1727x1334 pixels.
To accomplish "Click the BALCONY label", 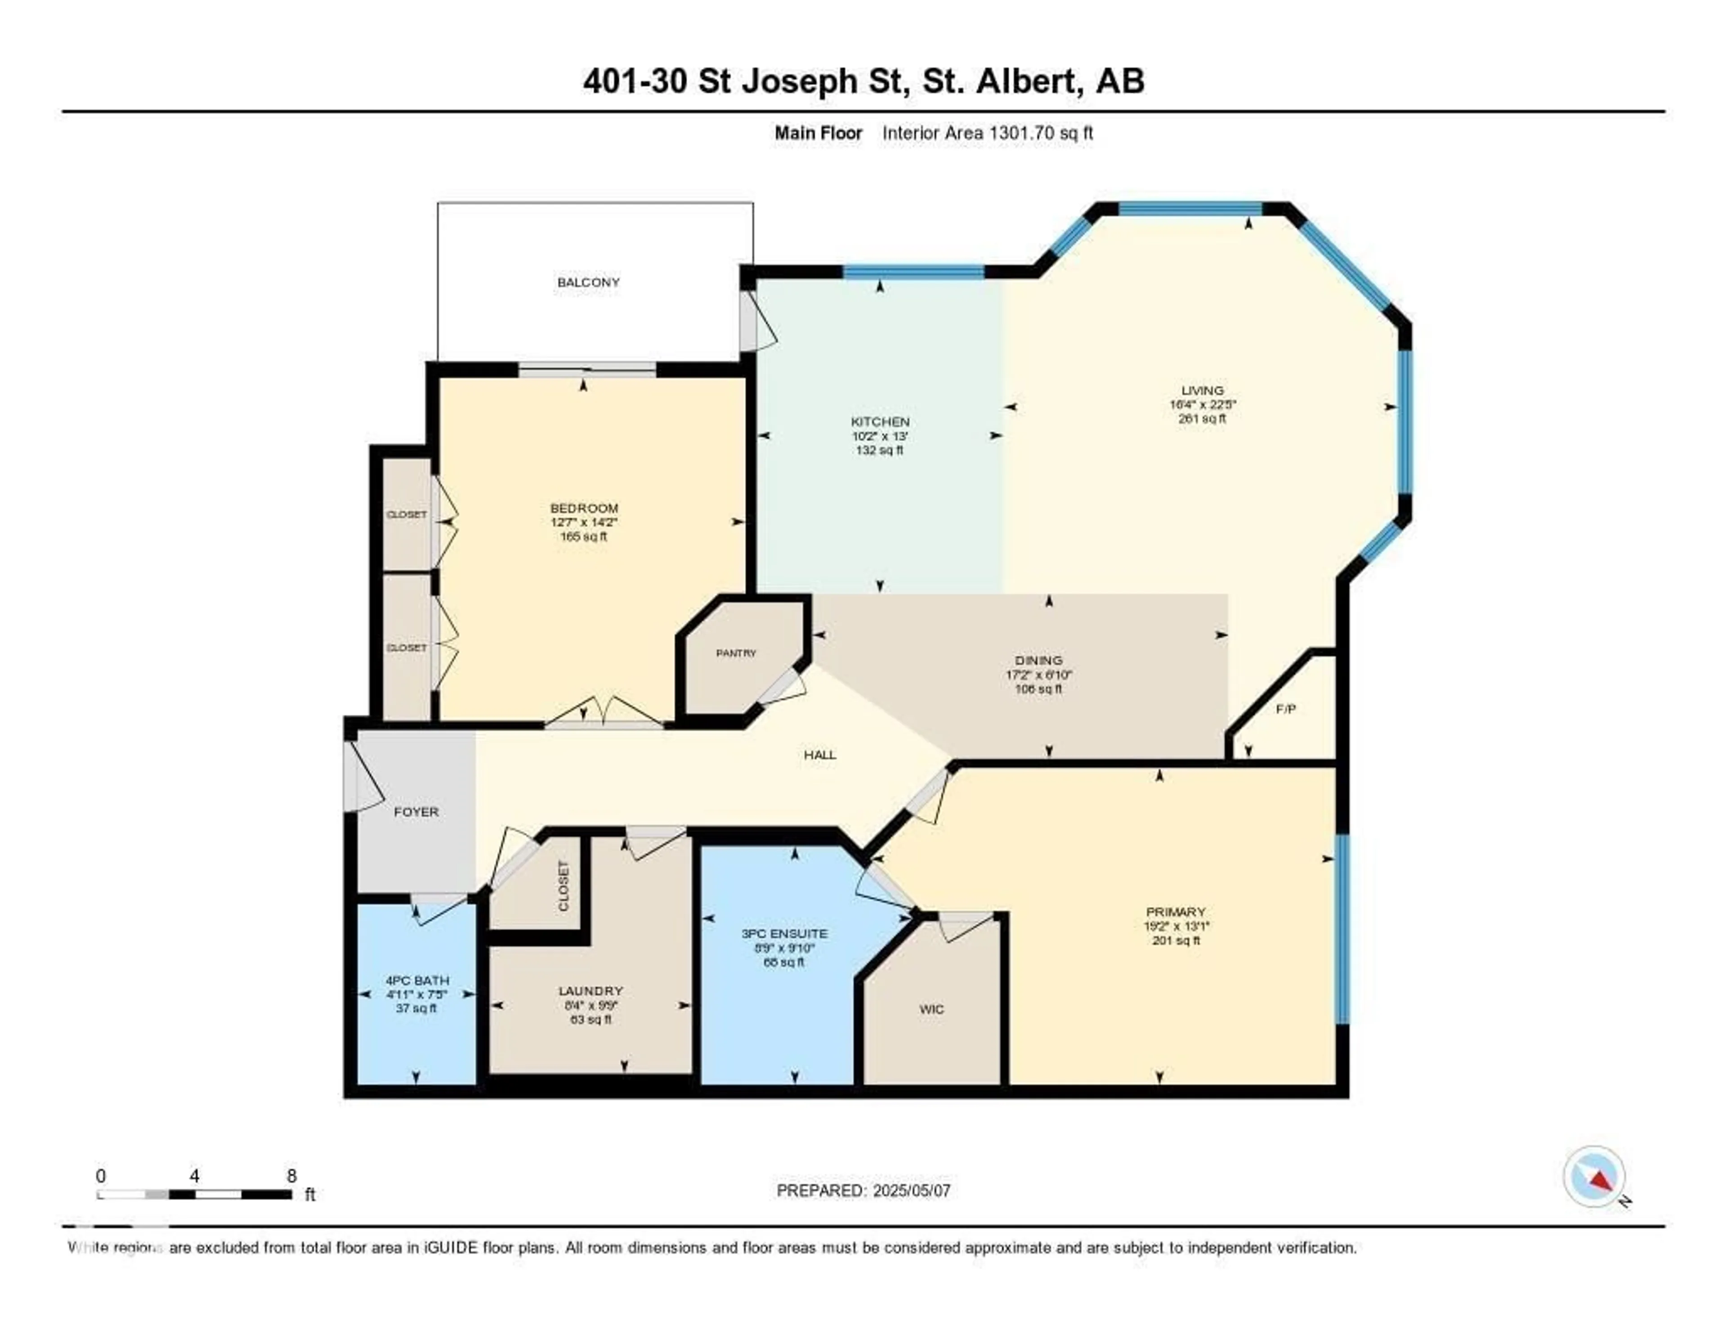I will pyautogui.click(x=588, y=282).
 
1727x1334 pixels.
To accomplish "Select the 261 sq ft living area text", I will pyautogui.click(x=1202, y=418).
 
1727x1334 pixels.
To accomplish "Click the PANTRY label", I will pyautogui.click(x=735, y=653).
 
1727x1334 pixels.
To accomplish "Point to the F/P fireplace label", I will pyautogui.click(x=1286, y=709).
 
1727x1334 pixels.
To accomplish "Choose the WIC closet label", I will pyautogui.click(x=931, y=1009).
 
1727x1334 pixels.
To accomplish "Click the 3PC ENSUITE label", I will pyautogui.click(x=783, y=933).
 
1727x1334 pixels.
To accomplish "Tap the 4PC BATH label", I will pyautogui.click(x=417, y=980).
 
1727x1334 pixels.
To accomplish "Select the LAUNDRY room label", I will pyautogui.click(x=590, y=991).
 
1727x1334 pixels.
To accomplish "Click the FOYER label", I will pyautogui.click(x=416, y=812).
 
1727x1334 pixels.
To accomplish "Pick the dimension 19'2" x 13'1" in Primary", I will pyautogui.click(x=1176, y=926).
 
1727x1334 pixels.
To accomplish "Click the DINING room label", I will pyautogui.click(x=1038, y=660).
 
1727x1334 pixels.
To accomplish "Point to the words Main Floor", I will pyautogui.click(x=818, y=133).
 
